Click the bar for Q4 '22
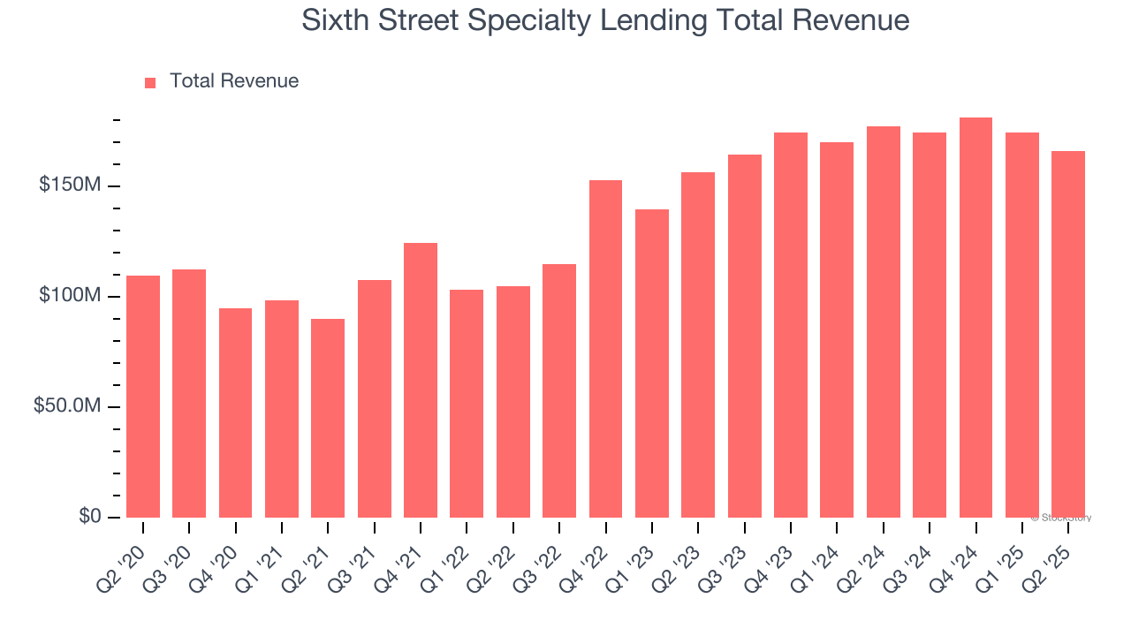pos(605,349)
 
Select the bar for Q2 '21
pos(328,418)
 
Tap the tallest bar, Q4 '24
pos(975,317)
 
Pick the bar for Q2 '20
pos(143,397)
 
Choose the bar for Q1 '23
pos(652,363)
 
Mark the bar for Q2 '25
pos(1068,334)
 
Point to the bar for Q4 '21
pos(421,380)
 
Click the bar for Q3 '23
pos(744,336)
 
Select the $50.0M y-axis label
pos(66,406)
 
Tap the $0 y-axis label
pos(89,517)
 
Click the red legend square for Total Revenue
pos(150,82)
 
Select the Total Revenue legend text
pos(234,81)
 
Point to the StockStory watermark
pos(1060,518)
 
